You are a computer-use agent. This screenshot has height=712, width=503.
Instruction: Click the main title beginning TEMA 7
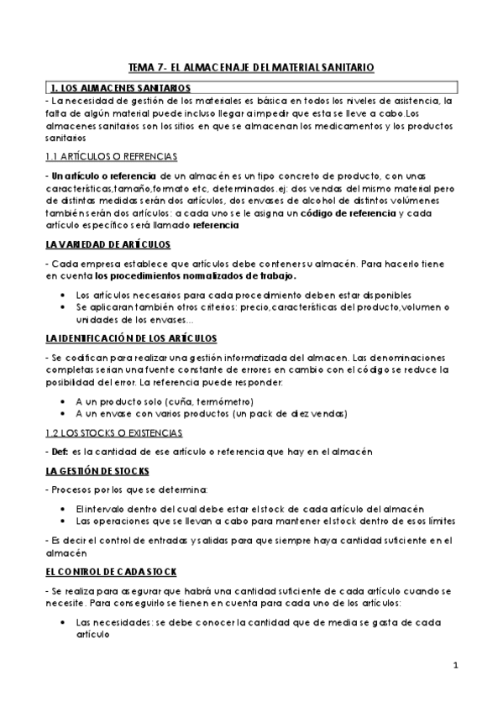tap(251, 65)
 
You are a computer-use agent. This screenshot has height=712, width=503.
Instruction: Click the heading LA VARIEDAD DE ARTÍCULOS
tap(107, 244)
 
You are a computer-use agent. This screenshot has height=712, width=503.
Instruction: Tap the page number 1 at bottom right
tap(454, 666)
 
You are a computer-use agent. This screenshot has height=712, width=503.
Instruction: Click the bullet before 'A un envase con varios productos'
tap(66, 413)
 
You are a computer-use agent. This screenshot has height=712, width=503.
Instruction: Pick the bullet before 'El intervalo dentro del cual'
tap(66, 509)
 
